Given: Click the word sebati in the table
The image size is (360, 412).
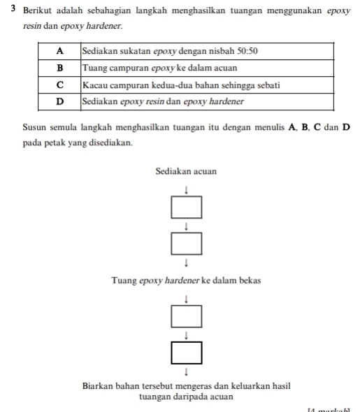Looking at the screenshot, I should (266, 84).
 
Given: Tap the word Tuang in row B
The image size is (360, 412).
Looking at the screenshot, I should (94, 68).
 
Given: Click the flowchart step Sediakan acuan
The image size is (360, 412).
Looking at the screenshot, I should (187, 171).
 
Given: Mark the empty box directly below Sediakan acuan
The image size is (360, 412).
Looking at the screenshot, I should (187, 207).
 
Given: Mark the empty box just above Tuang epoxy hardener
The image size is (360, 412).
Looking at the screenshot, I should (187, 244).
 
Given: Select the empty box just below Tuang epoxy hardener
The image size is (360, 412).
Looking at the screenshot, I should (187, 316).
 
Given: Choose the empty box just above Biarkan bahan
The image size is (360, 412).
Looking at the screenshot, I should (187, 352).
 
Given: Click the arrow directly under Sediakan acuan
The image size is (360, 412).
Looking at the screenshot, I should (187, 189).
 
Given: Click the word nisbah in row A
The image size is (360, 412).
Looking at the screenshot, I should (214, 51).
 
